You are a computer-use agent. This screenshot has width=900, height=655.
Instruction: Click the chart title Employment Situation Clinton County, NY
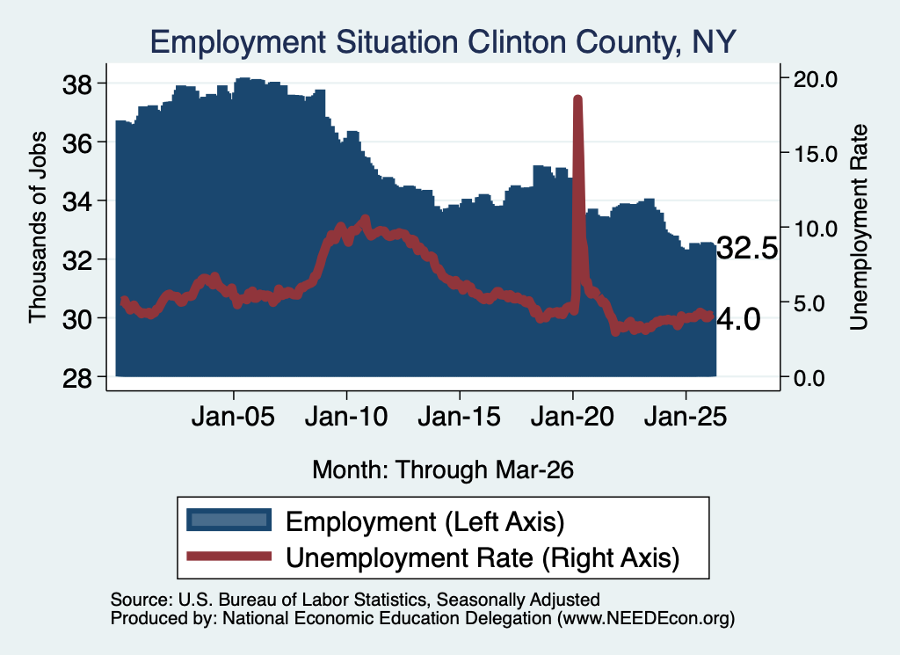point(443,42)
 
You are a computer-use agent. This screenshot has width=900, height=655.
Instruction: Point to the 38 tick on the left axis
point(77,85)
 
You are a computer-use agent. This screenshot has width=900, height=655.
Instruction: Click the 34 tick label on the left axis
point(77,201)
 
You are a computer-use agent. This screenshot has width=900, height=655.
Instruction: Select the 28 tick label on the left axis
point(77,378)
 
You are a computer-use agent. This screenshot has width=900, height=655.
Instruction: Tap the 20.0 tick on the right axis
point(815,79)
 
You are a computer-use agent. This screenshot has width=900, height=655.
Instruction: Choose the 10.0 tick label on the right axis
point(815,229)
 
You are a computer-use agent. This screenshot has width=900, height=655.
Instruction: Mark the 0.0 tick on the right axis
point(809,378)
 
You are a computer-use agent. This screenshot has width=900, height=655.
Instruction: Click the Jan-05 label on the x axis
point(233,416)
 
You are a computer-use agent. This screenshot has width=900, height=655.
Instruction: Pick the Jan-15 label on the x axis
point(459,416)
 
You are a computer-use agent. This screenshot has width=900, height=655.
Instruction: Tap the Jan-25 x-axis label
point(686,416)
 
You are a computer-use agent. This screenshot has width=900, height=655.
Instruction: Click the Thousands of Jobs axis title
point(37,228)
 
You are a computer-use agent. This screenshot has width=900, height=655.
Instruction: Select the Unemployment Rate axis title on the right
point(859,228)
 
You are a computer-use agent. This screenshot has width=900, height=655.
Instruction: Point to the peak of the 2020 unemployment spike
point(578,99)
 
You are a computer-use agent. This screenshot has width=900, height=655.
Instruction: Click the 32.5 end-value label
point(747,249)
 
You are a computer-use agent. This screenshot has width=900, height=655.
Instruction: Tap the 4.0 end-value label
point(738,319)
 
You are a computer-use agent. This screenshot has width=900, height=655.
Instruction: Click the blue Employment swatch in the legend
point(229,520)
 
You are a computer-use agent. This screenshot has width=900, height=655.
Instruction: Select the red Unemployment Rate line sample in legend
point(229,556)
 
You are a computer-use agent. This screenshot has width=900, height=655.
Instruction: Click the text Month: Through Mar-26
point(443,469)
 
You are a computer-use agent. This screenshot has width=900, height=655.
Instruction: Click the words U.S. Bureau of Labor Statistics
point(302,600)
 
